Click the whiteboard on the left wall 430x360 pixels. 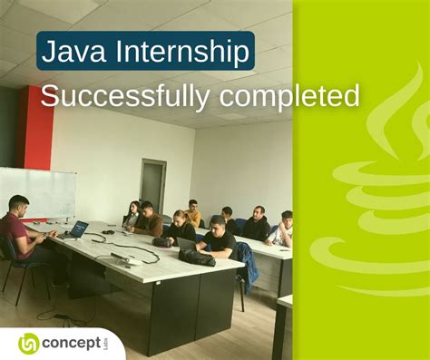point(36,192)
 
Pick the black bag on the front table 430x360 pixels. point(196,257)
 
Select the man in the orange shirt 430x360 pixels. point(193,214)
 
